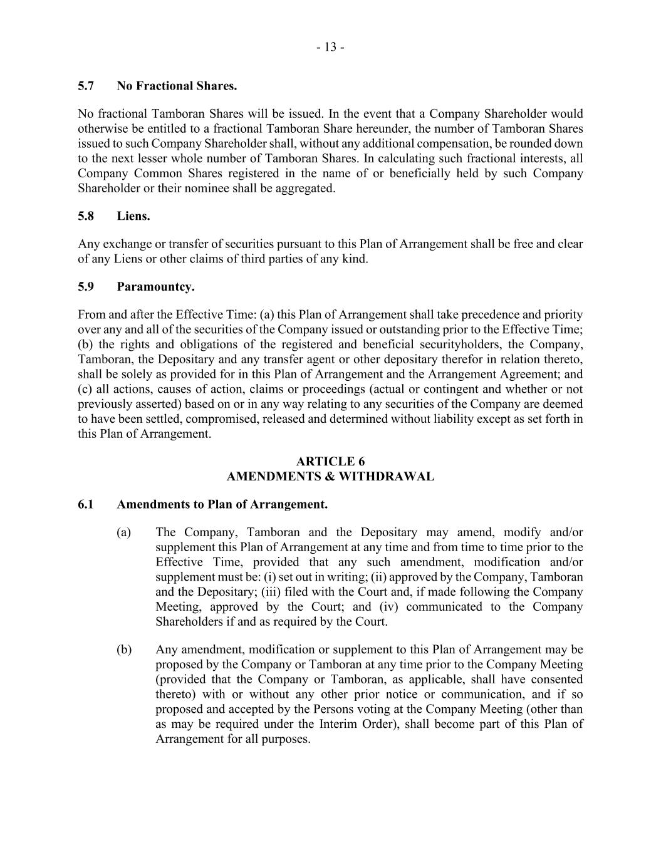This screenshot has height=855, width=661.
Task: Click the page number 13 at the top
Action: point(330,47)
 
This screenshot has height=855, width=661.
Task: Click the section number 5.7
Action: point(86,86)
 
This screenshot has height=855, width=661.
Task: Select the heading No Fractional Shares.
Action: point(177,86)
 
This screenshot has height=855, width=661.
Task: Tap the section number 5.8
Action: point(86,216)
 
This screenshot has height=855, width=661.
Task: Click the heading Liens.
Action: point(133,216)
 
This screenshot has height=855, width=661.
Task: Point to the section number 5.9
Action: point(86,287)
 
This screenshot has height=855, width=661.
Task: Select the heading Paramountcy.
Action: point(155,287)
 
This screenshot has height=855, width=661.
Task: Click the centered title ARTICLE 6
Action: point(330,462)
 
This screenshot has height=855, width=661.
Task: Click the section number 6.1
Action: point(86,504)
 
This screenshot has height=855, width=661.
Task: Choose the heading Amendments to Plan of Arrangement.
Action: point(222,504)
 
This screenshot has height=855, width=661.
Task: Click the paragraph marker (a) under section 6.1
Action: point(123,532)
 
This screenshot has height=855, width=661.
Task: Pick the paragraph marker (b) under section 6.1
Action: point(123,650)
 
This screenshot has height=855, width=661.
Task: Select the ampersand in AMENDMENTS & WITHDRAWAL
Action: point(330,477)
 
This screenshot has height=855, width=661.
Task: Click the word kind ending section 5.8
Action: point(355,259)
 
